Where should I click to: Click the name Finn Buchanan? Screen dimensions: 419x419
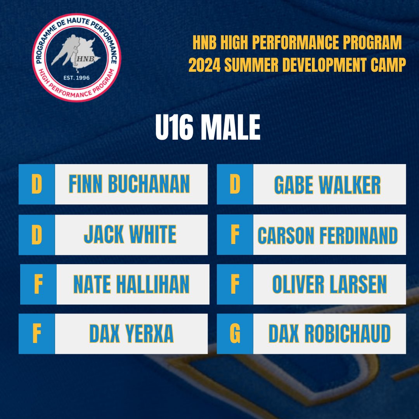click(x=129, y=184)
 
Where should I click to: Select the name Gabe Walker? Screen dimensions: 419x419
click(x=327, y=185)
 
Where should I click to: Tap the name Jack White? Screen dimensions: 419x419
click(x=130, y=234)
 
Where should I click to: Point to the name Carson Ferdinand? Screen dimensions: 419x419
click(x=328, y=235)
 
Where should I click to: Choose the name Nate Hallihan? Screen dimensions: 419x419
click(x=131, y=284)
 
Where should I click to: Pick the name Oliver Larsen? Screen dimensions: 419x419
click(x=329, y=284)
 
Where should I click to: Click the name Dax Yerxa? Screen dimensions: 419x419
click(x=131, y=334)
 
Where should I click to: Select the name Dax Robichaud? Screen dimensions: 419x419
click(x=329, y=334)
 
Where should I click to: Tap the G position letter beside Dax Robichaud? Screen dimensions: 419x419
click(x=235, y=334)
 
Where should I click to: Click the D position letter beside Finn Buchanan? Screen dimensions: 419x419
click(x=36, y=184)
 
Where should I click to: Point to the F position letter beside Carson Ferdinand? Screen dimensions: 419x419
click(x=235, y=235)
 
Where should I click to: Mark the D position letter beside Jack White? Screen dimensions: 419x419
click(x=36, y=234)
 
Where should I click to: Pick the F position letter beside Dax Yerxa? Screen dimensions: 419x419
click(x=36, y=334)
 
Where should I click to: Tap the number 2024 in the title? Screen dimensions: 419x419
click(x=205, y=66)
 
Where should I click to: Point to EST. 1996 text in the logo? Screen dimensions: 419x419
click(x=76, y=78)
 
